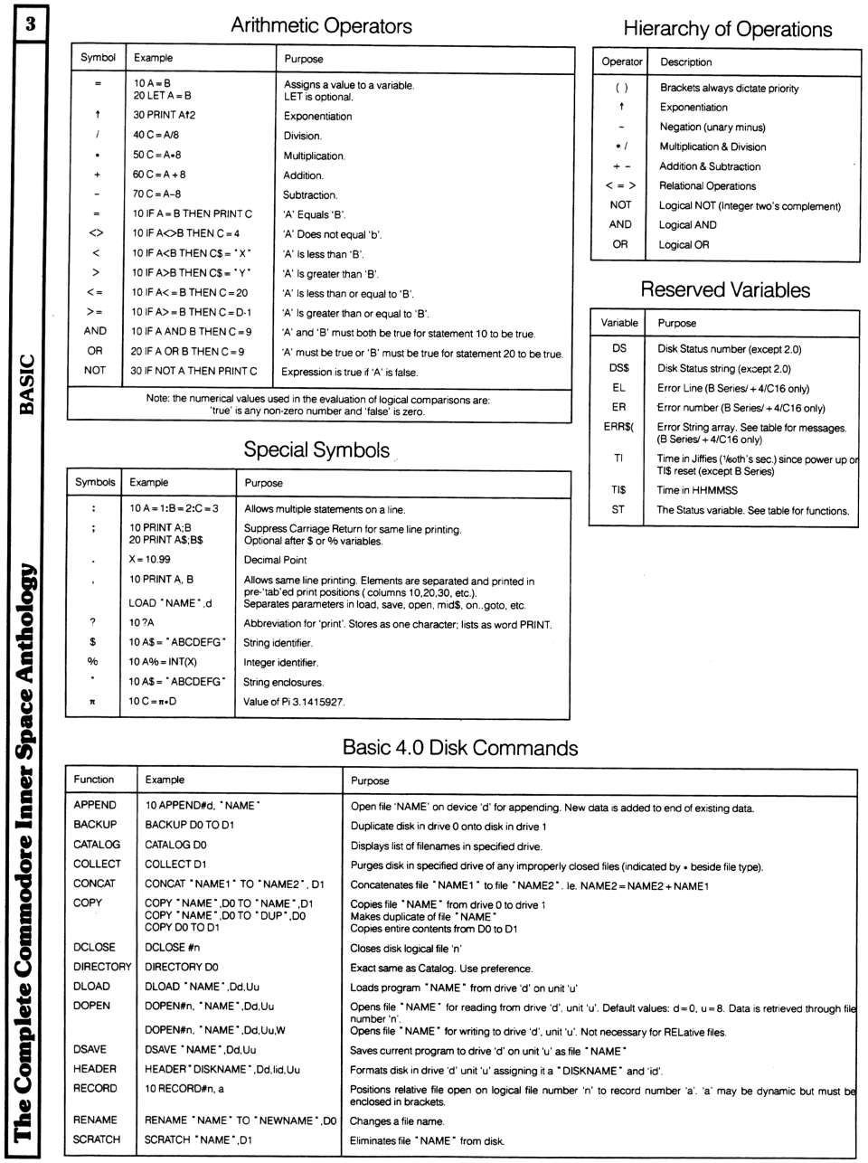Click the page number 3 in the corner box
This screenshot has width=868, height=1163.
coord(30,24)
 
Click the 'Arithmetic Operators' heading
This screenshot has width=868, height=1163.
coord(321,25)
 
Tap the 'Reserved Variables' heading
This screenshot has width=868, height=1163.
coord(724,289)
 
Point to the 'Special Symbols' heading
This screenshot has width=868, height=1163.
coord(316,449)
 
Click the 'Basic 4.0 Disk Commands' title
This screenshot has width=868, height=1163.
coord(459,748)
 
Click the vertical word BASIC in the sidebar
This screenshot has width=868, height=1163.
coord(28,384)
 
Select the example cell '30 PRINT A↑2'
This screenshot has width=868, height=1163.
coord(165,116)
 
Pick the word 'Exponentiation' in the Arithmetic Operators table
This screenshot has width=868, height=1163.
coord(317,117)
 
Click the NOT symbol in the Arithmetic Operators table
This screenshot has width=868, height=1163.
coord(95,371)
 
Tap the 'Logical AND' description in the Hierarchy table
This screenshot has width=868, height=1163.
coord(687,225)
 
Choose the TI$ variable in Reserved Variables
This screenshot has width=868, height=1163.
coord(618,490)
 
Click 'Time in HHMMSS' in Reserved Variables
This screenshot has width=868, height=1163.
coord(697,490)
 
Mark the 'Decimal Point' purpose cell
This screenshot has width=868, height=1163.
coord(275,560)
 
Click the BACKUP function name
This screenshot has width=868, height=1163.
coord(95,825)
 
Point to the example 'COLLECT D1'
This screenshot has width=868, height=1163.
coord(175,865)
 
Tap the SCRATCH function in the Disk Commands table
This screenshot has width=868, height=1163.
coord(97,1140)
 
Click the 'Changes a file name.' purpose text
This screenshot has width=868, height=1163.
coord(397,1121)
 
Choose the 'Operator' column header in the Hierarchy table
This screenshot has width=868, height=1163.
coord(622,62)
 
